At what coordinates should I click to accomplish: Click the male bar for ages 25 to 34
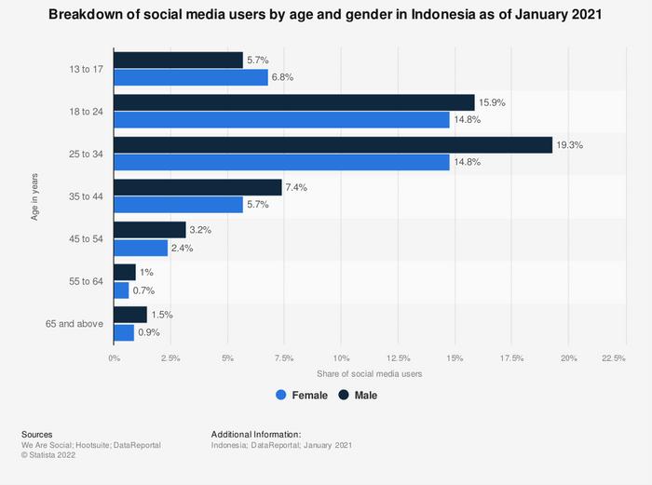coord(333,145)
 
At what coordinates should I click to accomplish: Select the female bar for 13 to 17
coord(191,77)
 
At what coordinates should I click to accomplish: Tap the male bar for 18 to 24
coord(294,102)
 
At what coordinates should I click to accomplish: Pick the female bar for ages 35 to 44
coord(178,205)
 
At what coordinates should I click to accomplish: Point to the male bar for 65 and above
coord(130,315)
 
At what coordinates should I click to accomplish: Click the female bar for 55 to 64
coord(121,290)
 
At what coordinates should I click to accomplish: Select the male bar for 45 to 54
coord(150,230)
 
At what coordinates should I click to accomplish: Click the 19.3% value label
coord(569,145)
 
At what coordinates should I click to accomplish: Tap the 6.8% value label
coord(282,77)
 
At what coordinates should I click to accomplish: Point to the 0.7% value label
coord(144,290)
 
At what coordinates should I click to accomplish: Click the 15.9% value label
coord(492,102)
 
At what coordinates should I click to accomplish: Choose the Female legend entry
coord(302,396)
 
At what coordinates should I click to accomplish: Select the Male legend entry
coord(358,396)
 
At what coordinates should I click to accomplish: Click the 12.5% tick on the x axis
coord(398,357)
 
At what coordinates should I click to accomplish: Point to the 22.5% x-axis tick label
coord(613,357)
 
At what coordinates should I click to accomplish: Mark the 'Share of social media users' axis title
coord(369,373)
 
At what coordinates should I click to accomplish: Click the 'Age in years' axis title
coord(34,195)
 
